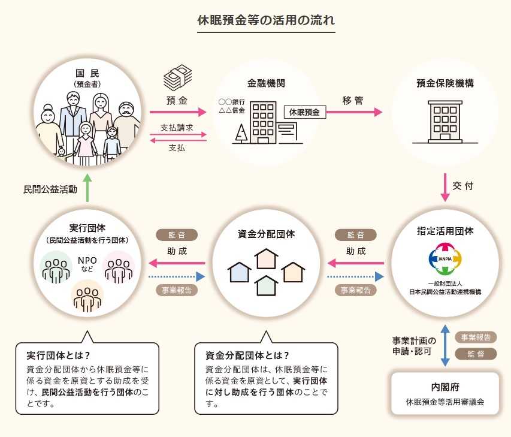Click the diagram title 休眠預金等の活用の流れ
click(x=266, y=19)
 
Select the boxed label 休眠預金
click(x=304, y=111)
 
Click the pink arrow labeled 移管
click(x=353, y=112)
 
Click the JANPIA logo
click(x=445, y=258)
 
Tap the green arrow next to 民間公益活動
click(x=87, y=188)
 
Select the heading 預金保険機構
click(x=445, y=84)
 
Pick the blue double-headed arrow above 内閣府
click(x=445, y=345)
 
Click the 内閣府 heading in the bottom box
click(x=445, y=387)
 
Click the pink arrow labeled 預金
click(x=177, y=112)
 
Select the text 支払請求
click(x=177, y=128)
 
